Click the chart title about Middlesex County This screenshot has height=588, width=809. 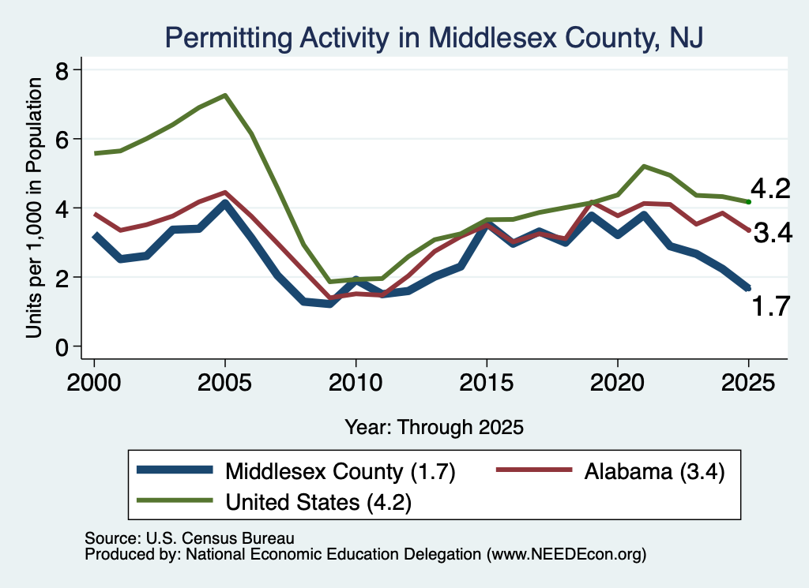(434, 38)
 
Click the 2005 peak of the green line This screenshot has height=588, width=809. (225, 95)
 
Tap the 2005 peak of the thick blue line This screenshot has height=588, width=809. (224, 203)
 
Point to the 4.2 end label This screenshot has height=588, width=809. (770, 189)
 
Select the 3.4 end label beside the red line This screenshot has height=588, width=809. (773, 233)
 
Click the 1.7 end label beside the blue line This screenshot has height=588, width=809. (770, 306)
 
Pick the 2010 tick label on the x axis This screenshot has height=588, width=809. (356, 383)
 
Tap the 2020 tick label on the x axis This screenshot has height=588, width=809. (617, 383)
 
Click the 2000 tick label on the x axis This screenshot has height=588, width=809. (94, 383)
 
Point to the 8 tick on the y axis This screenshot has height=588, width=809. (62, 70)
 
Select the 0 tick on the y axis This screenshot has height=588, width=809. (62, 348)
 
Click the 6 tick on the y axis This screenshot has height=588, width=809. (62, 140)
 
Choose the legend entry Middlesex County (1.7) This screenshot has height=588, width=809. (295, 471)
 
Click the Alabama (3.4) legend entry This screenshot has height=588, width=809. (611, 471)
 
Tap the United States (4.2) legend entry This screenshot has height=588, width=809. (274, 502)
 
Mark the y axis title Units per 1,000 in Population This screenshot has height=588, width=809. (34, 208)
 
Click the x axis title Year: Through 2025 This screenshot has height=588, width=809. (434, 427)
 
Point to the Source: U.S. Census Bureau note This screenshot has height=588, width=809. (190, 538)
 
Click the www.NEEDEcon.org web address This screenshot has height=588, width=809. (566, 555)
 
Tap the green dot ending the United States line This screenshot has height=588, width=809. (749, 201)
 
